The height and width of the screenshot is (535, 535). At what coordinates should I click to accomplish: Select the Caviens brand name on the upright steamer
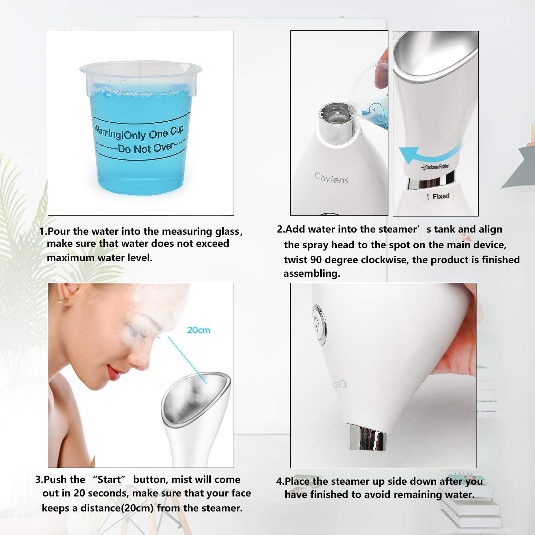click(331, 178)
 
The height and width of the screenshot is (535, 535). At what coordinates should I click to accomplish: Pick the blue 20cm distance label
click(199, 330)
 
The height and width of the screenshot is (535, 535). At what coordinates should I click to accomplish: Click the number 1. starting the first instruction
click(43, 231)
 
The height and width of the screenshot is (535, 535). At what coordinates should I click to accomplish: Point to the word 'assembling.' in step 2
click(312, 274)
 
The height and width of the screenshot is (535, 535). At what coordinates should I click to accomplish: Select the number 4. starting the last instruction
click(280, 481)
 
